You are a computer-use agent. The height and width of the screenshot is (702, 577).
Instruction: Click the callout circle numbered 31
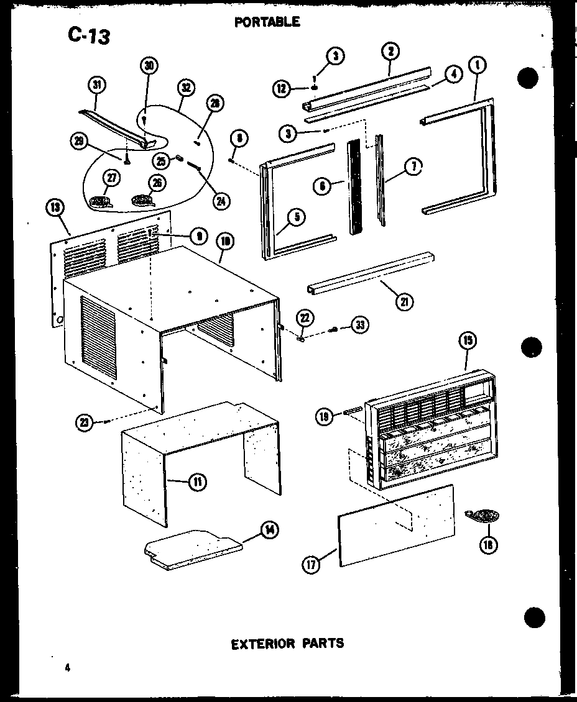tap(96, 86)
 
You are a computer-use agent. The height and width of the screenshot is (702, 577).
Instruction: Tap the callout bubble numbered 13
tap(53, 207)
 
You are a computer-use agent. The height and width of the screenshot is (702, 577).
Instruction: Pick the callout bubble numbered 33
tap(359, 325)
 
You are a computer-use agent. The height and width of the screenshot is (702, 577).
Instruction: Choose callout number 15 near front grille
tap(468, 340)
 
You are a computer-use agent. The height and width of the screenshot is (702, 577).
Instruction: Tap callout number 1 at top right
tap(479, 65)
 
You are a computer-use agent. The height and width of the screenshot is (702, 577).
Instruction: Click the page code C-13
tap(89, 35)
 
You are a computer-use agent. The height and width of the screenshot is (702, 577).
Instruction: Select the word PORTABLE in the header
tap(267, 22)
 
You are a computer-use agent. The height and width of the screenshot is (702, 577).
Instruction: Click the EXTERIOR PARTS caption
tap(287, 643)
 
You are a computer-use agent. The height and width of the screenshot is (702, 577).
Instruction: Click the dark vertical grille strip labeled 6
tap(355, 186)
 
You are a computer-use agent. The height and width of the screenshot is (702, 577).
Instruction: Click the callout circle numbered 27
tap(111, 179)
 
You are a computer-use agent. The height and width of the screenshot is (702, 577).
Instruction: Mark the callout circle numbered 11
tap(198, 481)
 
